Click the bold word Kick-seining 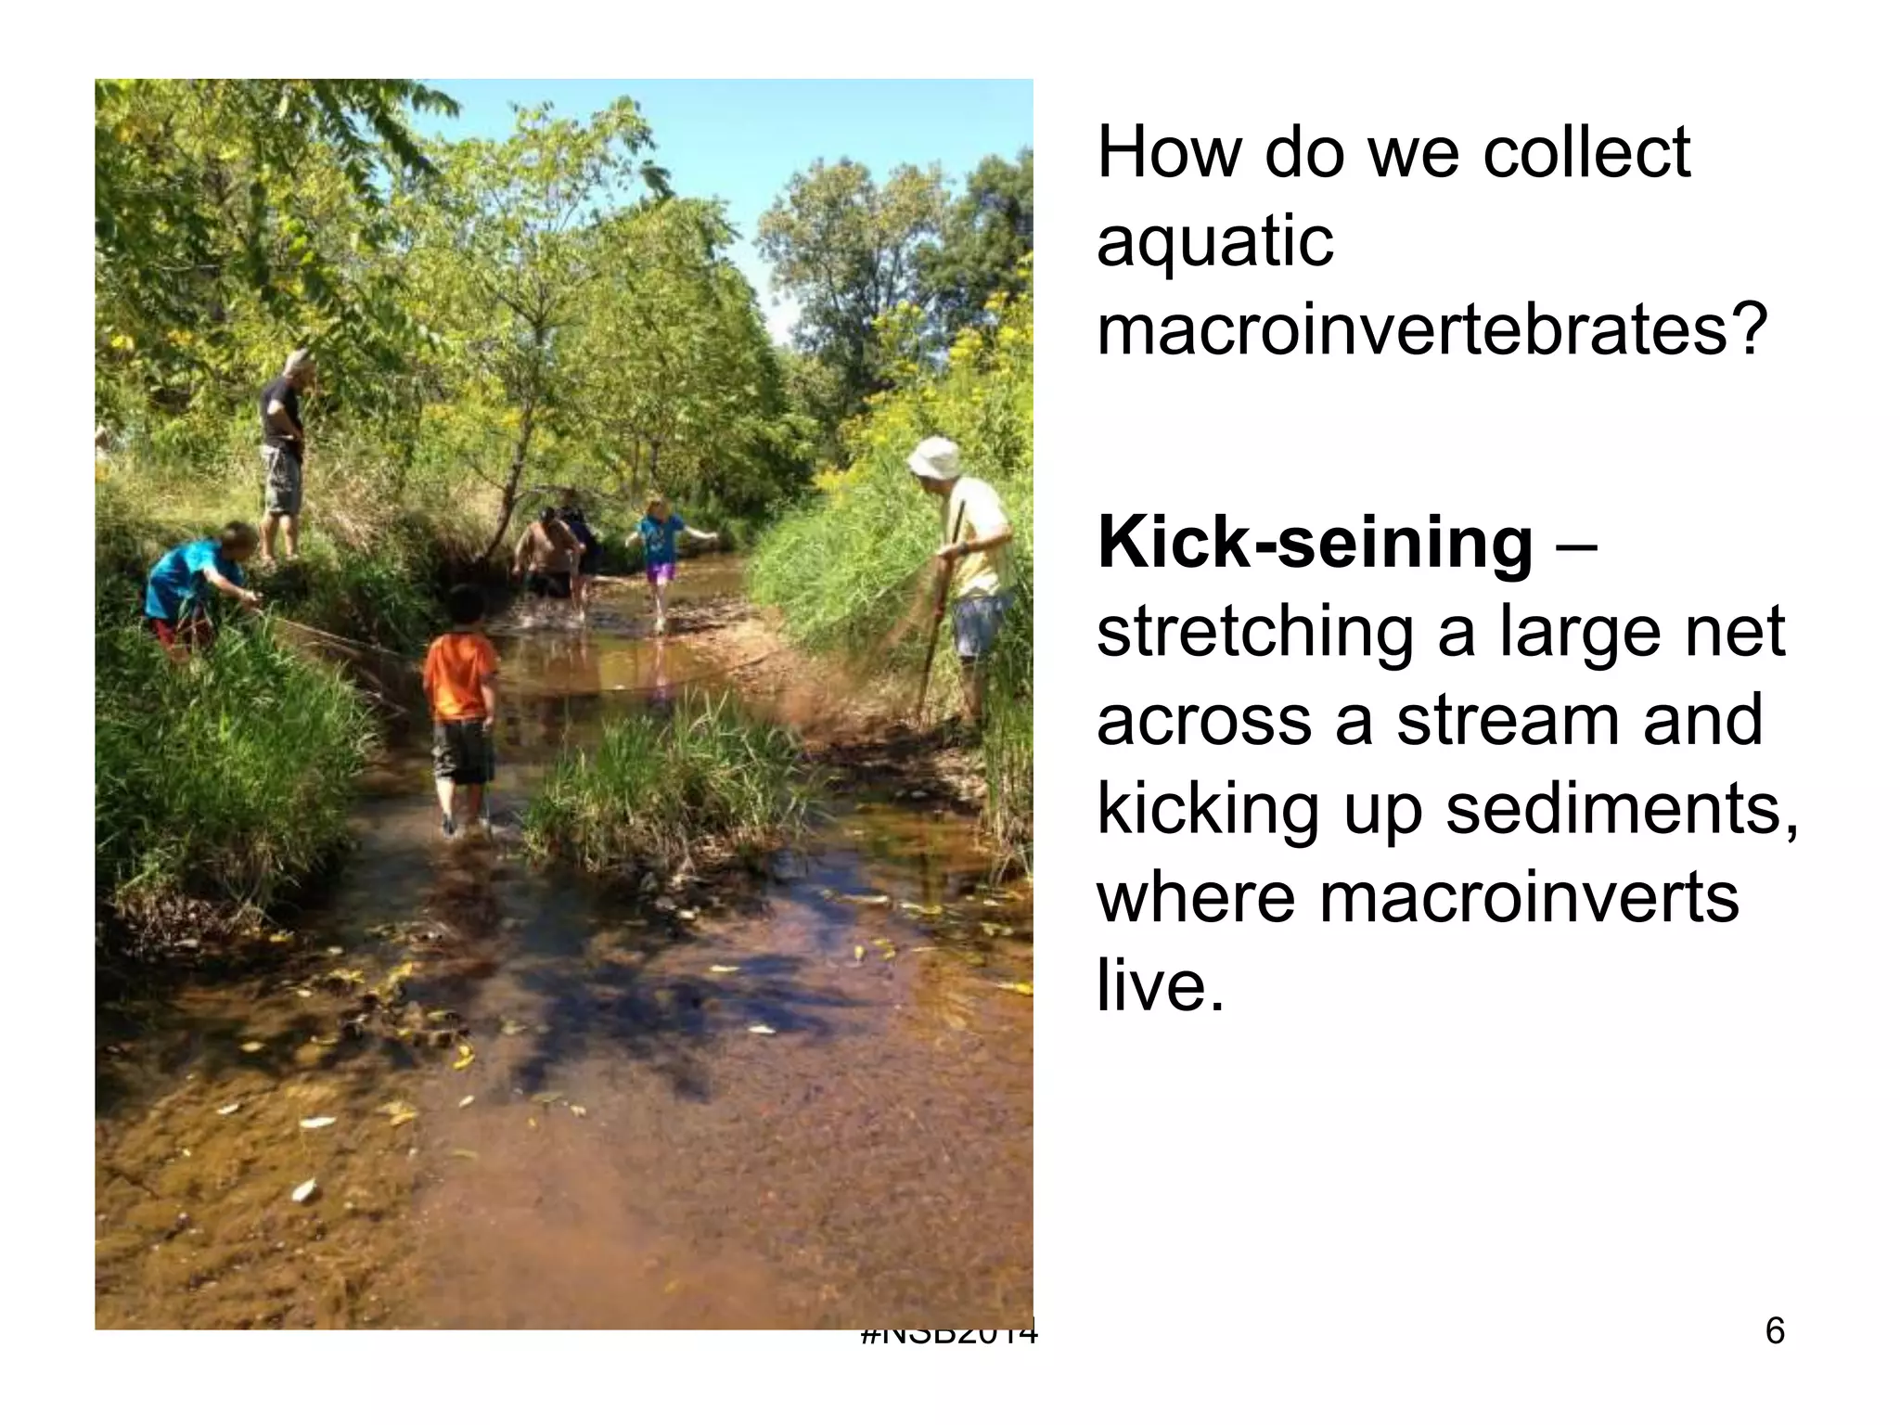1315,544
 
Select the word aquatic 1214,241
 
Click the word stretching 1254,633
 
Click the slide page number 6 1774,1331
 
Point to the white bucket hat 934,457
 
